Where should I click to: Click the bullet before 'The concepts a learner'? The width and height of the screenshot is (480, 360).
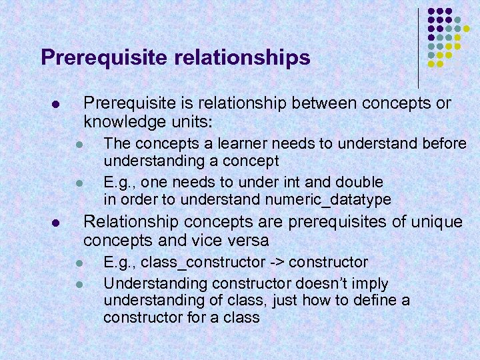point(78,144)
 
